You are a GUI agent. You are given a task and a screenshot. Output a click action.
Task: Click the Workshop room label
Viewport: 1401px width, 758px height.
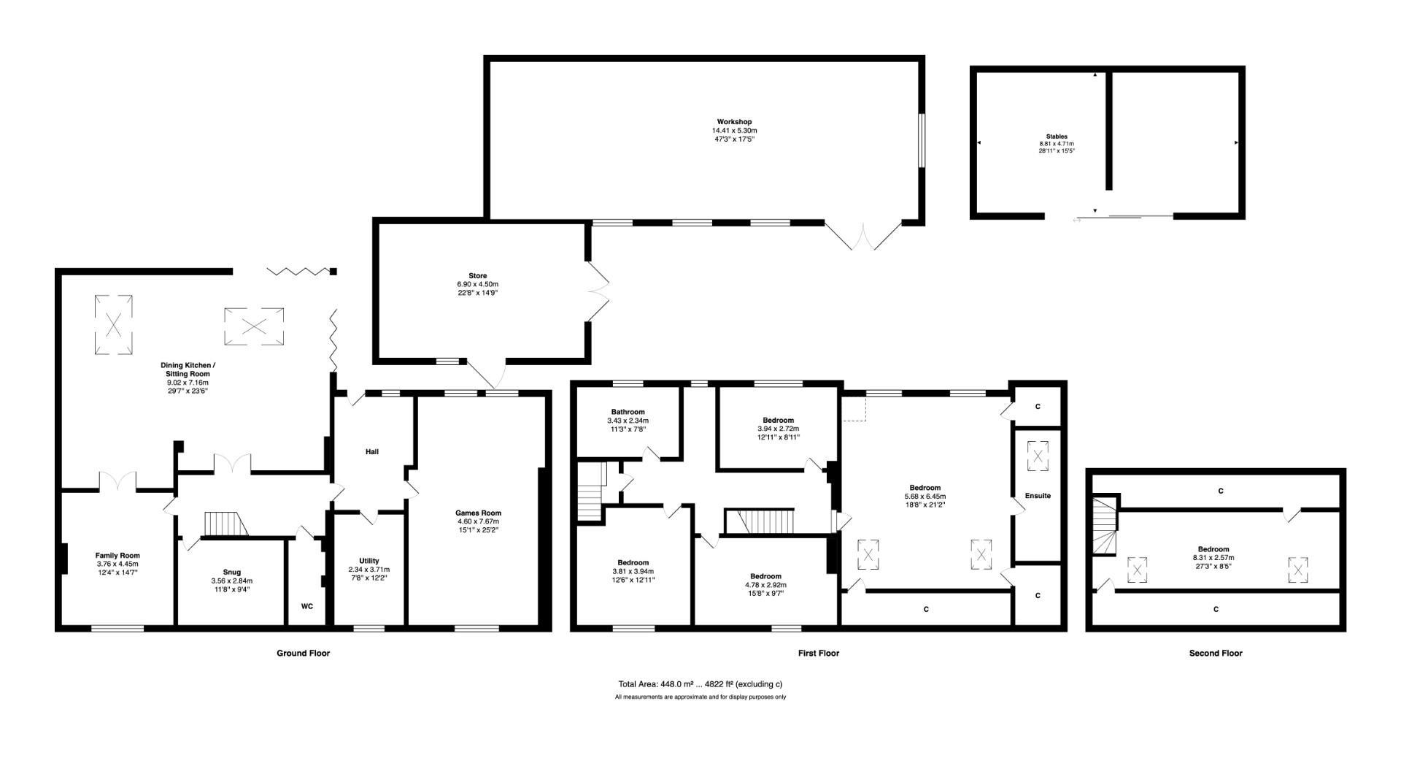pos(734,122)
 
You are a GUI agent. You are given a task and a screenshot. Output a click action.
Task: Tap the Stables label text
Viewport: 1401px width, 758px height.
pos(1056,137)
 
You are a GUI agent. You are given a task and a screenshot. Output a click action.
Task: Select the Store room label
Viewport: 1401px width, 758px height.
pos(477,276)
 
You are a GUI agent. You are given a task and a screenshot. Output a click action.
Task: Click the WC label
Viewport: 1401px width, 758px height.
pos(307,606)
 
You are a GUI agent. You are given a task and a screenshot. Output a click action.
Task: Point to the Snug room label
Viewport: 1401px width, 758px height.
pos(231,572)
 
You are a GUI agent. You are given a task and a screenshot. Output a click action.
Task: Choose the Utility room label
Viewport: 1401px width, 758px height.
pos(368,561)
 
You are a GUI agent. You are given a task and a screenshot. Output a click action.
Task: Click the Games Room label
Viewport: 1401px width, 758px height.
pos(478,513)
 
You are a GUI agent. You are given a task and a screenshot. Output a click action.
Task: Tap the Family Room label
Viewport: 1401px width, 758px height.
pos(117,556)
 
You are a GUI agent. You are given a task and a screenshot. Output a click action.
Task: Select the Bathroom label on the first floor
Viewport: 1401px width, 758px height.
pos(628,412)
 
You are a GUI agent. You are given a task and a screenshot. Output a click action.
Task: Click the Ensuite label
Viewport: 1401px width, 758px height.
pos(1038,496)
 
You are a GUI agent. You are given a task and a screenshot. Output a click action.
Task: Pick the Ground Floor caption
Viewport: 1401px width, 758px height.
pos(303,654)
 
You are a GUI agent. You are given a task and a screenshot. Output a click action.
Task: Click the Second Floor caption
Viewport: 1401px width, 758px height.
pos(1215,654)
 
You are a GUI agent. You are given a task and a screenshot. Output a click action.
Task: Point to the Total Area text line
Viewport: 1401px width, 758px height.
pos(700,684)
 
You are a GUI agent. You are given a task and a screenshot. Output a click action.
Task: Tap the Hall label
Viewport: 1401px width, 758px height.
pos(371,452)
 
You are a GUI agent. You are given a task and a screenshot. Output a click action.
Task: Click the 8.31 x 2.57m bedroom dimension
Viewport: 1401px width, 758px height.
pos(1213,558)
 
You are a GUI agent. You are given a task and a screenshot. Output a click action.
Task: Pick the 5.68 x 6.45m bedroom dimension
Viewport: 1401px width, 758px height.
pos(925,497)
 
